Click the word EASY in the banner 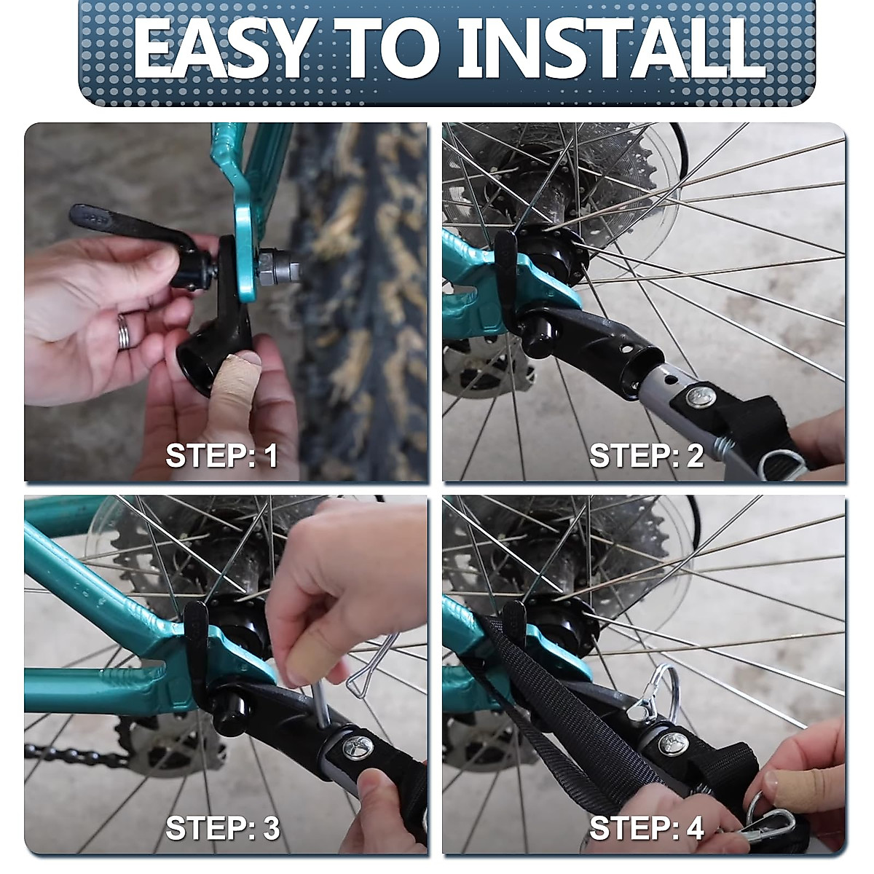[223, 49]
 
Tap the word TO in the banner [387, 49]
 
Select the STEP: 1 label [221, 455]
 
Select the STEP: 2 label [646, 455]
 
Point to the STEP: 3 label [223, 827]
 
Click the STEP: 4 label [647, 827]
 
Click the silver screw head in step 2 [701, 397]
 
